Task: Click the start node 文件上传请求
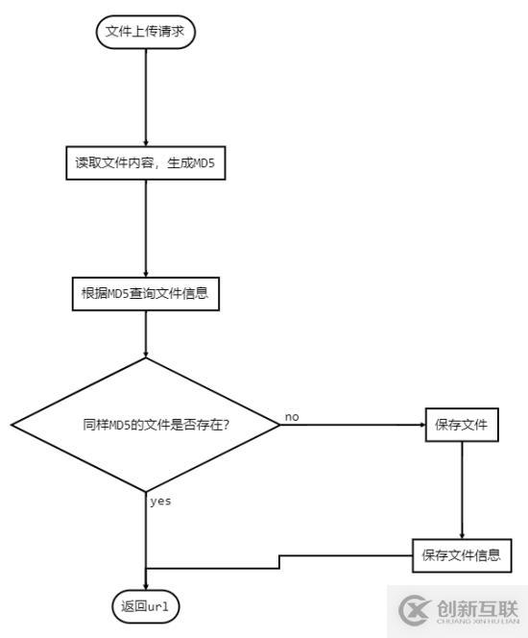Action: coord(145,34)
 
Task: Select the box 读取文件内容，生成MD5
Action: coord(145,161)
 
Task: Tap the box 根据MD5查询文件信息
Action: coord(145,293)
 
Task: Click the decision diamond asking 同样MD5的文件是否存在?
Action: coord(145,424)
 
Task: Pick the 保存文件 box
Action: coord(462,424)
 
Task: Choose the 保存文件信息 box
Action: coord(461,554)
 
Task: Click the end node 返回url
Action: coord(145,606)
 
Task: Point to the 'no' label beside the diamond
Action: coord(292,416)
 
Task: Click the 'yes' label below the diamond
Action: coord(160,501)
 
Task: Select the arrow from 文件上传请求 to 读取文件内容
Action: coord(145,96)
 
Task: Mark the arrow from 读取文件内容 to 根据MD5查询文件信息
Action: coord(145,228)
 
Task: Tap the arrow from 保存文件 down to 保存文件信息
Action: coord(462,490)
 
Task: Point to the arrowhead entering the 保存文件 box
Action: coord(420,424)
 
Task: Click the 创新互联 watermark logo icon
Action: coord(414,609)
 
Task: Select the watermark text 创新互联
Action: coord(477,606)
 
